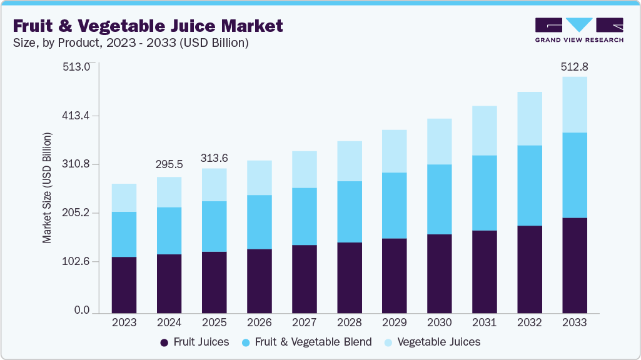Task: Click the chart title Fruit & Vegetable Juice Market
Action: [x=148, y=26]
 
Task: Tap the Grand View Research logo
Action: [x=579, y=30]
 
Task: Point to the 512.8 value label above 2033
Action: [x=575, y=66]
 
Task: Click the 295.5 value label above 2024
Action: [x=169, y=165]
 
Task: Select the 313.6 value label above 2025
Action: [x=214, y=159]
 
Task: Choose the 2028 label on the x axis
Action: [x=349, y=322]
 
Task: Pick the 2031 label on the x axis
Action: [x=484, y=322]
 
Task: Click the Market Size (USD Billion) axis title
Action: [x=48, y=187]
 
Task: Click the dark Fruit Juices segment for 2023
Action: [x=124, y=284]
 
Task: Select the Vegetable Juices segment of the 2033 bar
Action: [x=574, y=104]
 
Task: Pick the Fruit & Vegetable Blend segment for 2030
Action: [x=439, y=199]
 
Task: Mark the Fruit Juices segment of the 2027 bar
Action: [x=304, y=279]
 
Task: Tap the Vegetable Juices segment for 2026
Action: [x=259, y=177]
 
